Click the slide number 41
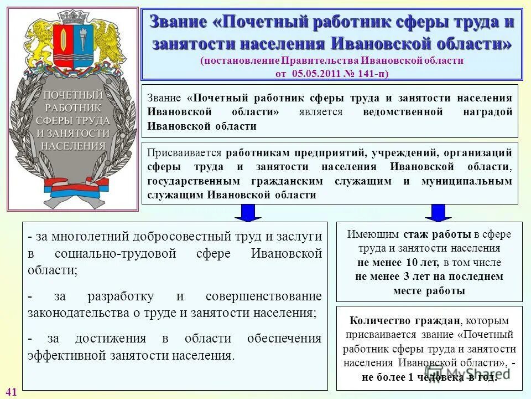(x=12, y=392)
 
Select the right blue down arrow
(x=438, y=213)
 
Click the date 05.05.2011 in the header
(x=314, y=73)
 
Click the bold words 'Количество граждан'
(x=388, y=320)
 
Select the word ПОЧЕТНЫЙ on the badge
(x=73, y=94)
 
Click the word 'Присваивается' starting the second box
(x=184, y=153)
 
